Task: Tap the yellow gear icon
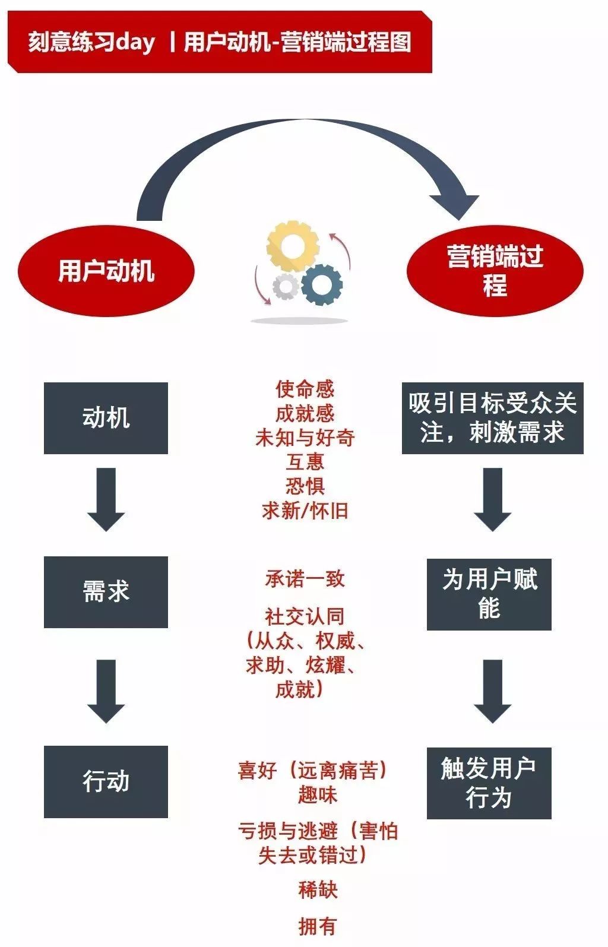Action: tap(293, 245)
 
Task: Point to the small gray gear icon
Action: tap(286, 287)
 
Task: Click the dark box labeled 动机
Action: tap(106, 418)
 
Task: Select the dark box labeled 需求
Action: tap(106, 592)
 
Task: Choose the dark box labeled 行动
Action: tap(106, 781)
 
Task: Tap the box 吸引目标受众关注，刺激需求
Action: tap(492, 418)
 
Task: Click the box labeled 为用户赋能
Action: tap(489, 594)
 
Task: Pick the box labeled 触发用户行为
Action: tap(489, 783)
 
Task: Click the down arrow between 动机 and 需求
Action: tap(106, 499)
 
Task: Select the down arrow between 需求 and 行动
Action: tap(106, 691)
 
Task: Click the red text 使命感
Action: tap(305, 389)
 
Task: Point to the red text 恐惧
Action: tap(305, 486)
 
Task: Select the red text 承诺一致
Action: tap(305, 579)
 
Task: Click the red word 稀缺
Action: tap(318, 889)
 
